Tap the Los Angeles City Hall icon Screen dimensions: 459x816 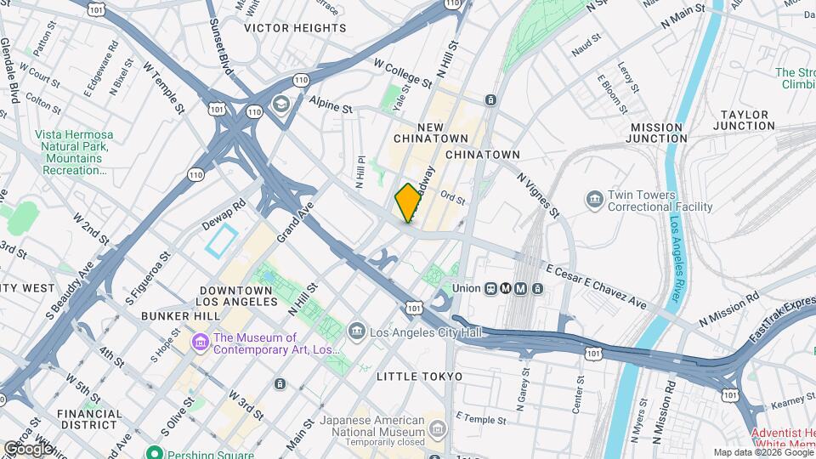pyautogui.click(x=357, y=331)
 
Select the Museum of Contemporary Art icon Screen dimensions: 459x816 pyautogui.click(x=201, y=342)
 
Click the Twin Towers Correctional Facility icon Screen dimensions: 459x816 pyautogui.click(x=594, y=200)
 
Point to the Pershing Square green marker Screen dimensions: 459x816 pyautogui.click(x=153, y=453)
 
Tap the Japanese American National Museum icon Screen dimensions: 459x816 pyautogui.click(x=436, y=427)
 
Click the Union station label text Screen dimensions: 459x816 pyautogui.click(x=467, y=287)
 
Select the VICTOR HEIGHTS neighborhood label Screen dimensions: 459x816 pyautogui.click(x=295, y=28)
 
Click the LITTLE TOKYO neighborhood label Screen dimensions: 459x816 pyautogui.click(x=420, y=377)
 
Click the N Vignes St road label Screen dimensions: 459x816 pyautogui.click(x=537, y=194)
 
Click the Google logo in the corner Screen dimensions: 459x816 pyautogui.click(x=28, y=448)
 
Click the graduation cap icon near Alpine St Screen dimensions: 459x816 pyautogui.click(x=280, y=104)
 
